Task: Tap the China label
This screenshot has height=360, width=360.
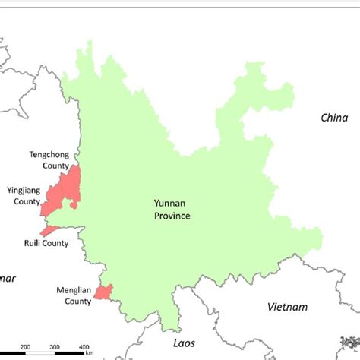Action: point(333,118)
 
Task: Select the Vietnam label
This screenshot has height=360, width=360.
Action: point(288,307)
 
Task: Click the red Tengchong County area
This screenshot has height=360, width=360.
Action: point(73,182)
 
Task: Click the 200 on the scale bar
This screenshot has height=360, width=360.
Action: point(25,347)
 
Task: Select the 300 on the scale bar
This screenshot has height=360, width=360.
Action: point(54,347)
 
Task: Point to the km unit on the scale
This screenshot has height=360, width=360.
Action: point(90,352)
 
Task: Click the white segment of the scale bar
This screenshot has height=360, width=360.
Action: point(39,354)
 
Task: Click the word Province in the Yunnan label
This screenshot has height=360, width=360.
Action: point(169,216)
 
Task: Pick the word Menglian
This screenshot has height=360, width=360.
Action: point(74,290)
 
